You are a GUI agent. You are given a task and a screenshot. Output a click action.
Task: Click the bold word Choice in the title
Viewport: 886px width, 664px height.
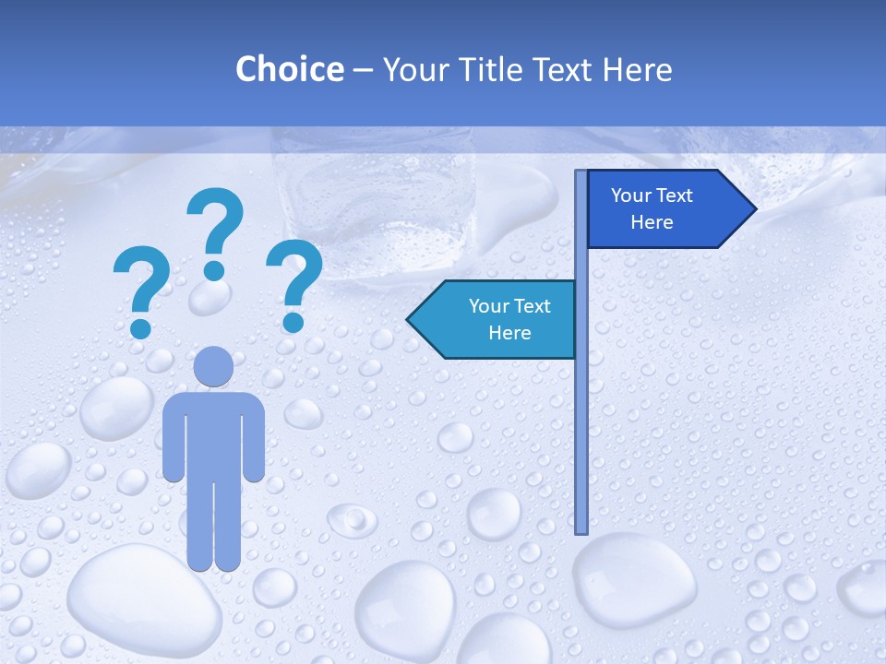point(289,69)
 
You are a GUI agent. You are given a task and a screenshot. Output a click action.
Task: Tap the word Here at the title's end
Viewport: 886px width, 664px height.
point(637,69)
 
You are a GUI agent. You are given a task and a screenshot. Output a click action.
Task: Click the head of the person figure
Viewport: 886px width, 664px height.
point(213,367)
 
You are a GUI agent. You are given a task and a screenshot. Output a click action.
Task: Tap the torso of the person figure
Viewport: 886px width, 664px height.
point(213,433)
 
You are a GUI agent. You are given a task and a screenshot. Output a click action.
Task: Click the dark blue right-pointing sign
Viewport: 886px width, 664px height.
point(660,209)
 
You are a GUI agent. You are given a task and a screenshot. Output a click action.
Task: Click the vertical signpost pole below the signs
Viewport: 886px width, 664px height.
point(581,443)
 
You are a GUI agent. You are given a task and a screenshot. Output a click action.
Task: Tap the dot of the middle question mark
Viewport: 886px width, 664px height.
point(214,270)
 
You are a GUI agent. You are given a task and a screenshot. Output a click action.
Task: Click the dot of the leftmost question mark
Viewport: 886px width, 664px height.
point(141,327)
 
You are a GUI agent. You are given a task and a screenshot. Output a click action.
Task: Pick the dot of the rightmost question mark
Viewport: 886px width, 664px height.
point(293,322)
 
